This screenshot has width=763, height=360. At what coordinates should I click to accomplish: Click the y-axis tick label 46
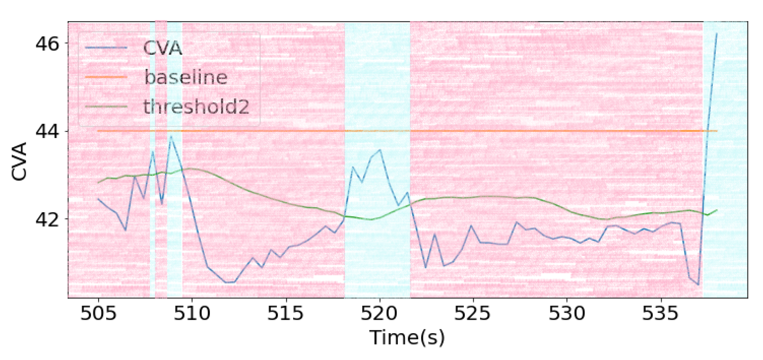47,44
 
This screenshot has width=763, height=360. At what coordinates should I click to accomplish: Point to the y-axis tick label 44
47,131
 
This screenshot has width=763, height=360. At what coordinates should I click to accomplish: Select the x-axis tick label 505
98,313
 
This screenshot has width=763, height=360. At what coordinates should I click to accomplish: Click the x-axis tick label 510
192,313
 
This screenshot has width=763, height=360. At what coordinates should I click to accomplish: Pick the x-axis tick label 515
285,313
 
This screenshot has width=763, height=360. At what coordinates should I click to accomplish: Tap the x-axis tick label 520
379,313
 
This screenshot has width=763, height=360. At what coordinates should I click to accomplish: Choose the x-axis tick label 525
473,313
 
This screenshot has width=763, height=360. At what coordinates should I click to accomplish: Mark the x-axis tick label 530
567,313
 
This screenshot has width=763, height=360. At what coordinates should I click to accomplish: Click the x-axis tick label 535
660,313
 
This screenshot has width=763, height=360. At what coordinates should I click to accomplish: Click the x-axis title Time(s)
407,337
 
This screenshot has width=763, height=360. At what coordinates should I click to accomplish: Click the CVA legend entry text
162,48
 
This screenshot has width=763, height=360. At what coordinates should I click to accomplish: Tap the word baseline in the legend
186,77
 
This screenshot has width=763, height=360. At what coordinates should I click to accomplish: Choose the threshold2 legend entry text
196,106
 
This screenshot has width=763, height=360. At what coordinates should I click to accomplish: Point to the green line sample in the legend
106,107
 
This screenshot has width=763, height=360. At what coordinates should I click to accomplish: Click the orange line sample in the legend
106,77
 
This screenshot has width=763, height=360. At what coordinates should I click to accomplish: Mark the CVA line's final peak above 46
716,34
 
